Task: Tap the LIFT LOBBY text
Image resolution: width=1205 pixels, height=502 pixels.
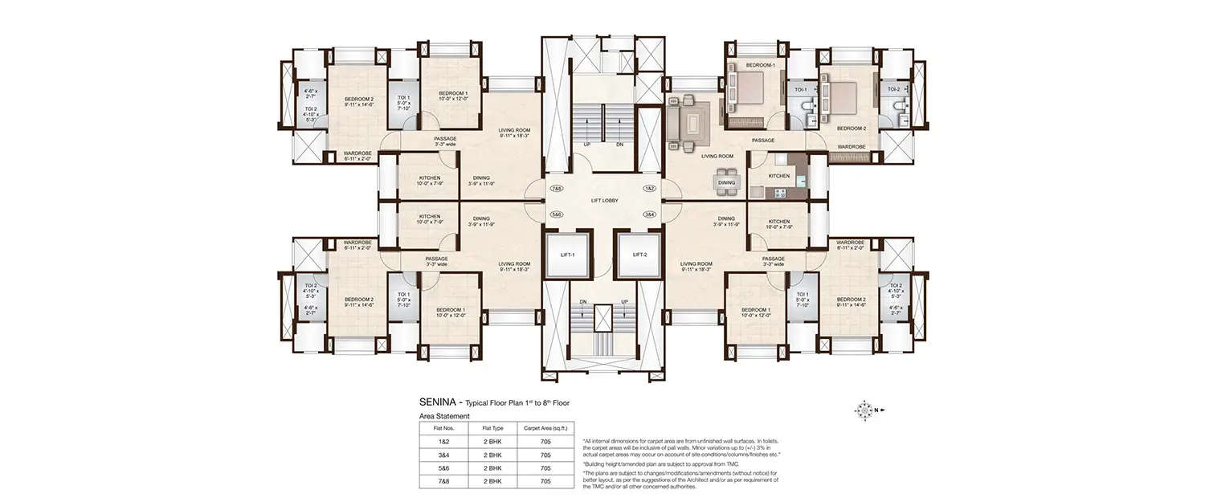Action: pos(603,200)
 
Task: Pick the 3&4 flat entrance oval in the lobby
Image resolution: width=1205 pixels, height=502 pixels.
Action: pos(650,214)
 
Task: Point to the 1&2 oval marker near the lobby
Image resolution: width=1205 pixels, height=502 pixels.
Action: pos(650,187)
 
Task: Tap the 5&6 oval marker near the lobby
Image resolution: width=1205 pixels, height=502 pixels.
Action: pos(556,214)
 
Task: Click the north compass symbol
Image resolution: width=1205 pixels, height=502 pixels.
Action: pos(864,410)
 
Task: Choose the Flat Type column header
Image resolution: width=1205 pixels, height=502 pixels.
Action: pos(492,429)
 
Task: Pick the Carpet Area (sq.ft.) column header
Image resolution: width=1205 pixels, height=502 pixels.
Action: pos(546,429)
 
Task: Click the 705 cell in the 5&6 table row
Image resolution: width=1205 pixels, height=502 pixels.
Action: pos(546,467)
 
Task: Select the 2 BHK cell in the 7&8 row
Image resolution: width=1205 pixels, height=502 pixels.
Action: pos(492,481)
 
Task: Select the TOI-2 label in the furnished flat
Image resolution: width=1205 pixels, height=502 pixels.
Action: pos(893,90)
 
